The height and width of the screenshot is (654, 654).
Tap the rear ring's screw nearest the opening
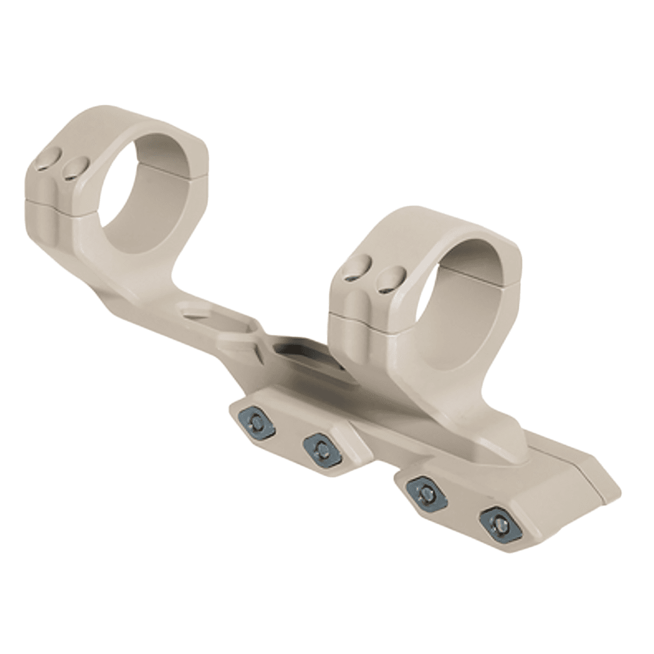[x=75, y=169]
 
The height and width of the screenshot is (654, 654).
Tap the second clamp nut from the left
[x=321, y=448]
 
